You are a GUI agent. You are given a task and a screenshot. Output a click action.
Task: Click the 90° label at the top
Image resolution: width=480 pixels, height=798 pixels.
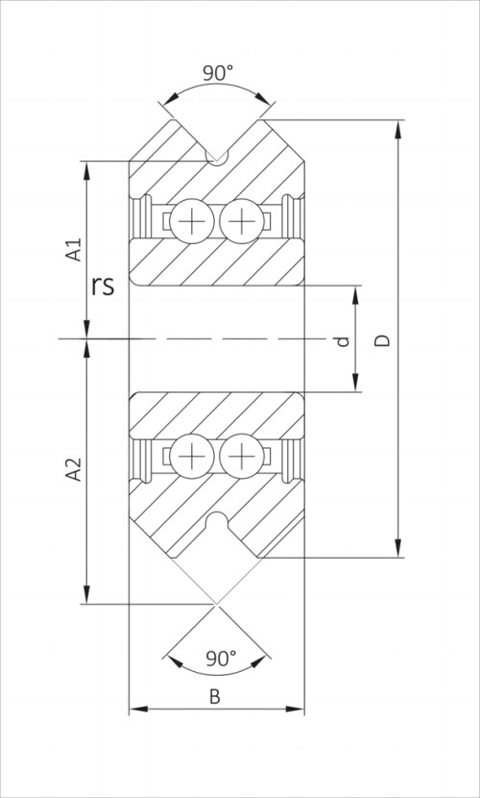click(x=216, y=73)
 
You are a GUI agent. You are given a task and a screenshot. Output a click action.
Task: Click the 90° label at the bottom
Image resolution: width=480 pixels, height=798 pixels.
click(x=221, y=659)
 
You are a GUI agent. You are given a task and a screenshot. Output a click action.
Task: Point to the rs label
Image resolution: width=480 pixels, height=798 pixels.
click(x=104, y=286)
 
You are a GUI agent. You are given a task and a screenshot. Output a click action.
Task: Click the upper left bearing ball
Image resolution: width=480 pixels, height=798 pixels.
click(x=192, y=221)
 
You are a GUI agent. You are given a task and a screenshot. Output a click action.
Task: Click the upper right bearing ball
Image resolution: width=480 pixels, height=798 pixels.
click(x=239, y=221)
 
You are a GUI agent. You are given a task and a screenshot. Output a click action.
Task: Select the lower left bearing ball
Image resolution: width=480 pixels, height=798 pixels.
click(x=192, y=454)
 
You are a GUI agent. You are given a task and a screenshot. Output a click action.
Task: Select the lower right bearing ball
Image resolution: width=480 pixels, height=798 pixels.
click(x=239, y=454)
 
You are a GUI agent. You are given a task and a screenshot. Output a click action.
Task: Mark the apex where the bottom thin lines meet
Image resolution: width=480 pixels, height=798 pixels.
click(x=216, y=604)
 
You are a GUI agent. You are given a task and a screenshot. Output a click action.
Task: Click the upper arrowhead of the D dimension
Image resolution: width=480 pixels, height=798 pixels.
click(x=397, y=128)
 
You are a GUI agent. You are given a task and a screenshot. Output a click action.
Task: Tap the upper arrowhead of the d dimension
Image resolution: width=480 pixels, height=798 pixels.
click(x=356, y=293)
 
